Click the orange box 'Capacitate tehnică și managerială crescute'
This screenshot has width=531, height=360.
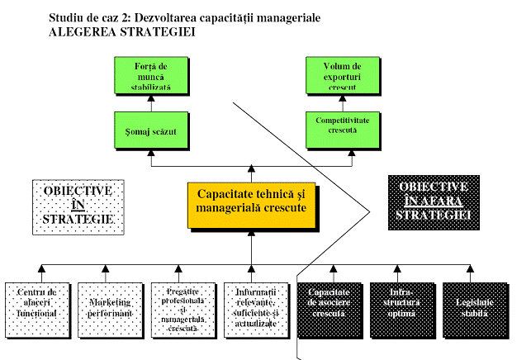pyautogui.click(x=250, y=201)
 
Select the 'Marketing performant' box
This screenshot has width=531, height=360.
pyautogui.click(x=105, y=306)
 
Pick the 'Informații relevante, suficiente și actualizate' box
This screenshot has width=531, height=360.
pyautogui.click(x=250, y=306)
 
